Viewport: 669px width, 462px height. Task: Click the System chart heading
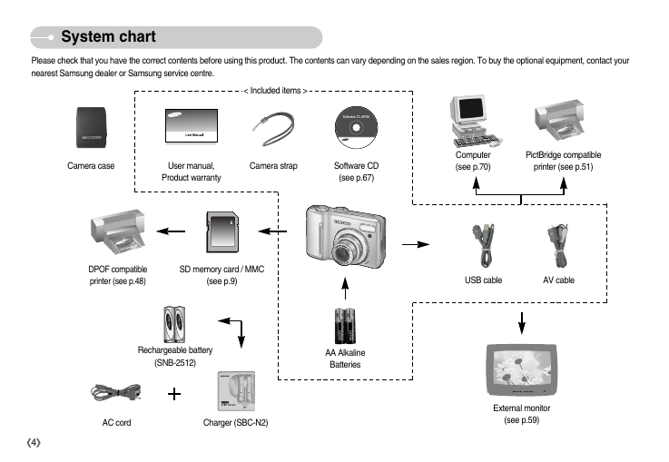tap(108, 36)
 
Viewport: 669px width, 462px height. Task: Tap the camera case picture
tap(91, 128)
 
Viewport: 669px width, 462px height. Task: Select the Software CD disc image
tap(356, 128)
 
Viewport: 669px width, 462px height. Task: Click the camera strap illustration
tap(273, 129)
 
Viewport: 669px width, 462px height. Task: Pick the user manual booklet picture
tap(192, 126)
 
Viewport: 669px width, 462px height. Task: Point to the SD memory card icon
tap(222, 231)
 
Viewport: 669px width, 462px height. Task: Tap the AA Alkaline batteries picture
tap(345, 326)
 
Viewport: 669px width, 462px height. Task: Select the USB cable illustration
tap(484, 246)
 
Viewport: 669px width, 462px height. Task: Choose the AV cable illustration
tap(558, 246)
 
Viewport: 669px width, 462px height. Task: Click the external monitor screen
tap(522, 367)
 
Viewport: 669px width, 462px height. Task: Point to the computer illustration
tap(476, 121)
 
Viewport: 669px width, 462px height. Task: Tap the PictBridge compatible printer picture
tap(560, 121)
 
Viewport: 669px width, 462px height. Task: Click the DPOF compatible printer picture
tap(118, 232)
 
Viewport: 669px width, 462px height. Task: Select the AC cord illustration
tap(116, 393)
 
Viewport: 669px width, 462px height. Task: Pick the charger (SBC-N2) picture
tap(236, 391)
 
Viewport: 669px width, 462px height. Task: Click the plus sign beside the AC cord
tap(174, 394)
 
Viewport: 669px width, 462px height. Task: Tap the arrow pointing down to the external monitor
tap(522, 323)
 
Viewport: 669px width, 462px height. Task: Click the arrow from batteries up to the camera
tap(345, 289)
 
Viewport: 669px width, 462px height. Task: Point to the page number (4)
tap(34, 442)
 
